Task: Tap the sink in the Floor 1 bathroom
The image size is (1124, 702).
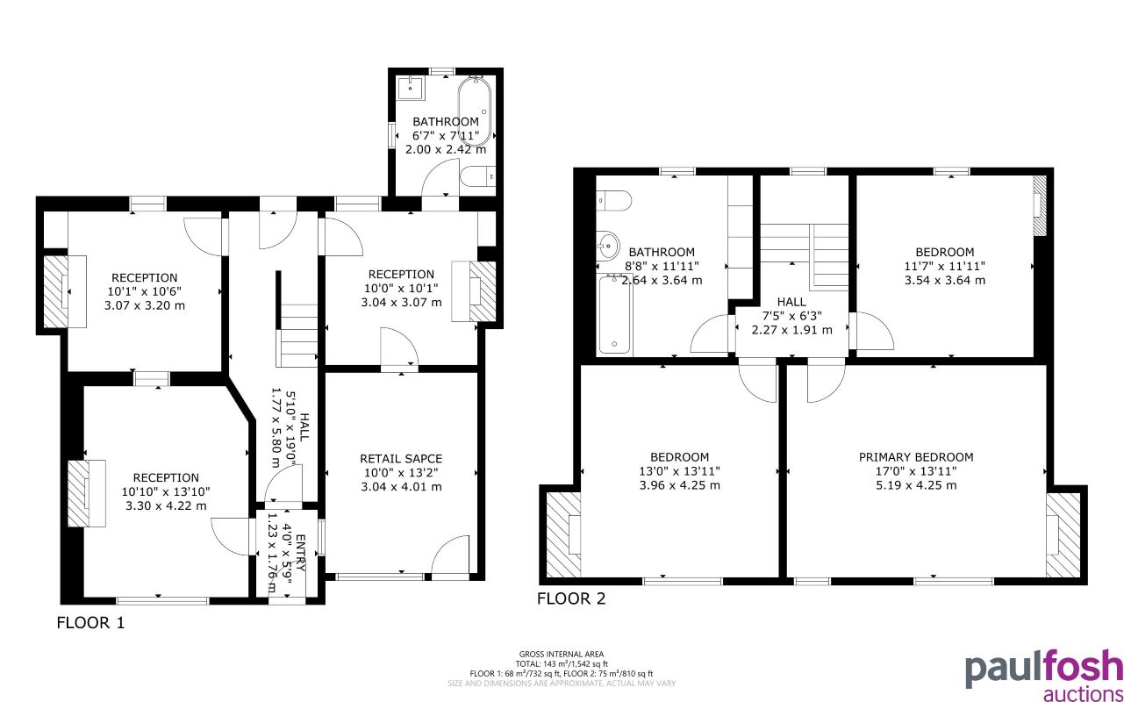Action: point(410,88)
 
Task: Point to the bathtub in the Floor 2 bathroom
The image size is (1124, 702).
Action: point(614,314)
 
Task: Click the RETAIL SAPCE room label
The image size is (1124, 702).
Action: point(401,458)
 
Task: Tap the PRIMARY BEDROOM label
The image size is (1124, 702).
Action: point(916,457)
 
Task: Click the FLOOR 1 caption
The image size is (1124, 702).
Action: point(90,624)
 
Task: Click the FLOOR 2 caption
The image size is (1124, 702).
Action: point(571,599)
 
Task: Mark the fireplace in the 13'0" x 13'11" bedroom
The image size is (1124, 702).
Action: point(562,534)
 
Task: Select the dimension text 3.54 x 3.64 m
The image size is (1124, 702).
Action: point(944,281)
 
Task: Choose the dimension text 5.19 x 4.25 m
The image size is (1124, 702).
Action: point(916,484)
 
